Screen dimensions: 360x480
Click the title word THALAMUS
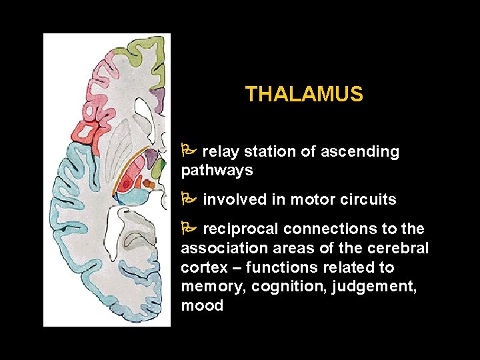(x=304, y=95)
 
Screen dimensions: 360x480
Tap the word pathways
(x=217, y=171)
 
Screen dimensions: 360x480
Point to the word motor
(x=309, y=199)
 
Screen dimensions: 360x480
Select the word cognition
(x=271, y=287)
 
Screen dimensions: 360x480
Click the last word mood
(x=201, y=306)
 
